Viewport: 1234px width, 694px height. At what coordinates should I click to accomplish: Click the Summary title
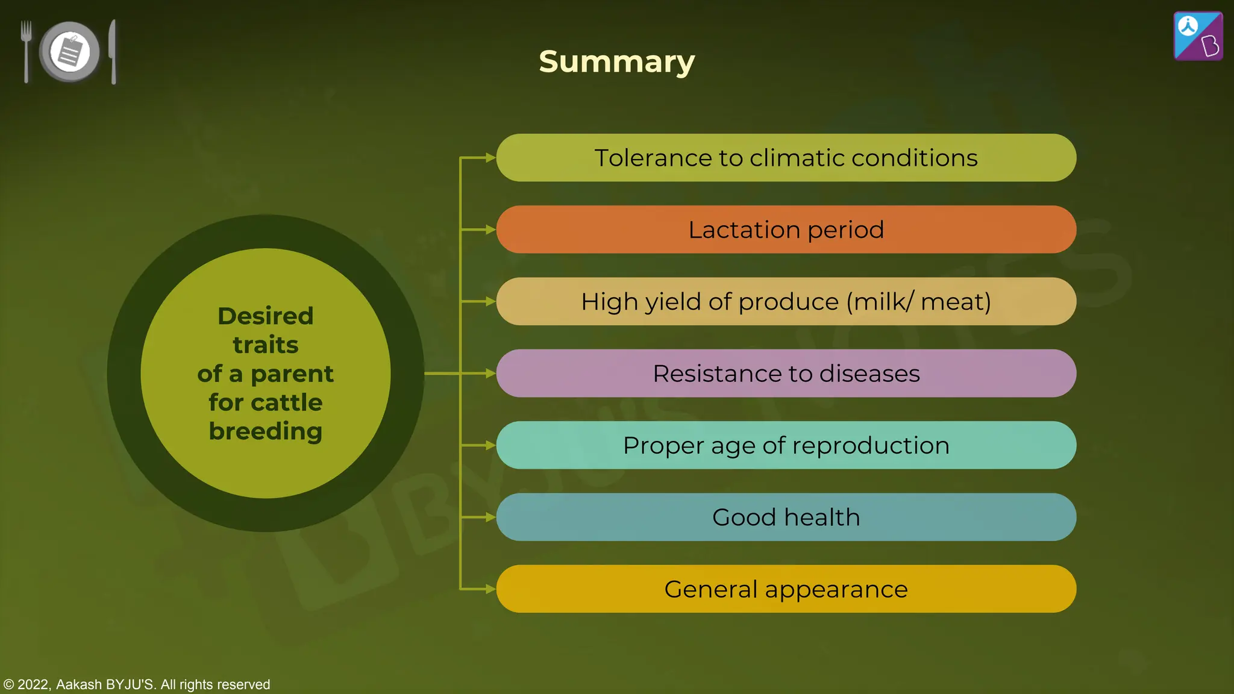616,61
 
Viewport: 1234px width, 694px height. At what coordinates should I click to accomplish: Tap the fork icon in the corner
26,51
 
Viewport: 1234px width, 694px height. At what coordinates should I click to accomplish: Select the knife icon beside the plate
113,52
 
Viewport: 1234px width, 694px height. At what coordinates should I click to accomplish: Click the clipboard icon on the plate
70,51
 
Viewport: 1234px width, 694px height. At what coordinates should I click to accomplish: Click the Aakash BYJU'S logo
1198,36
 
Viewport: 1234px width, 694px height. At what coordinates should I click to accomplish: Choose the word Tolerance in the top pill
653,158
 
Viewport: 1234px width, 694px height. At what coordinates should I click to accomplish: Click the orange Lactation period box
786,230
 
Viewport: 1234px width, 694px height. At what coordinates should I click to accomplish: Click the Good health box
786,517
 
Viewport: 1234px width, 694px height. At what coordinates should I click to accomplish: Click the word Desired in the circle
265,316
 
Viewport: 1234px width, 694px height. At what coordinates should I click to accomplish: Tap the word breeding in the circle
265,431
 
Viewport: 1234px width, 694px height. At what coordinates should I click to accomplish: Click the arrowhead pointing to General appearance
490,589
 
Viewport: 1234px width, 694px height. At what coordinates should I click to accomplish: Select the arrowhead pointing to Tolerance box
490,158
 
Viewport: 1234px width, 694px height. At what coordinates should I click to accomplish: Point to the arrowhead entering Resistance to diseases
490,374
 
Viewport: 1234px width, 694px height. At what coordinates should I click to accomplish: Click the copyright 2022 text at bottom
136,684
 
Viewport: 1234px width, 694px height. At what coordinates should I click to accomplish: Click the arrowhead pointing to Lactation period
490,230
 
